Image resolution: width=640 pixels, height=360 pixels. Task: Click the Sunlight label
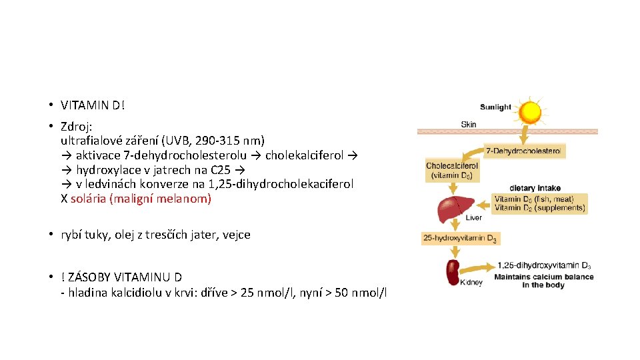tap(495, 107)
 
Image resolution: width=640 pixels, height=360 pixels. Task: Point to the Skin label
tap(469, 124)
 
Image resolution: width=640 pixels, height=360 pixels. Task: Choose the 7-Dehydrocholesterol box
tap(525, 151)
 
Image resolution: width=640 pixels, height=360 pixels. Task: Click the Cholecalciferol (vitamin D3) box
tap(452, 171)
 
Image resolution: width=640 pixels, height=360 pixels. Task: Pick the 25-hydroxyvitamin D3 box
tap(460, 238)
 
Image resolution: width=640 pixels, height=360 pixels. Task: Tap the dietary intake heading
tap(535, 188)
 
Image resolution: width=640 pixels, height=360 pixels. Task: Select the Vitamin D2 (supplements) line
tap(539, 208)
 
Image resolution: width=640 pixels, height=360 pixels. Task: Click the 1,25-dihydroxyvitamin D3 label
tap(543, 266)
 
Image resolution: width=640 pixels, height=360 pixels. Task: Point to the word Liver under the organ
tap(474, 218)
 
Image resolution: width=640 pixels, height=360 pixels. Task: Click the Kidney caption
tap(471, 283)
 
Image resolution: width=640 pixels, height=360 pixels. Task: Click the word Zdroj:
tap(76, 126)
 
